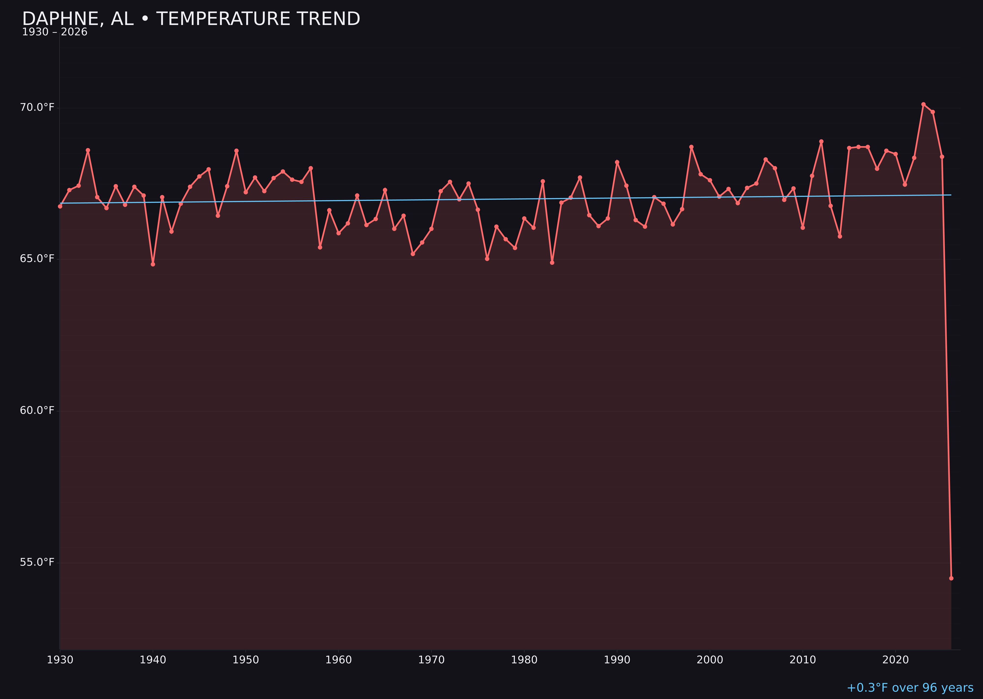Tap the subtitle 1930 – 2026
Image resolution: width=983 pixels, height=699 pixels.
point(55,32)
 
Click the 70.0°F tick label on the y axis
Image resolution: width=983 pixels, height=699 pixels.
point(37,107)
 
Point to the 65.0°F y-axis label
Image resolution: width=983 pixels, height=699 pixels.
point(37,259)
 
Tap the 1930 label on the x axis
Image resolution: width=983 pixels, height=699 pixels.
point(60,660)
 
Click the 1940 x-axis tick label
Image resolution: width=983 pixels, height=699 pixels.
point(153,660)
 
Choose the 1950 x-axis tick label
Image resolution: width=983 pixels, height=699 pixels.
point(246,660)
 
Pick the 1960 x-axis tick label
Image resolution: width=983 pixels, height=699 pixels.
point(338,660)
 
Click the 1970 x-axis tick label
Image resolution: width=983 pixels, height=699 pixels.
point(431,660)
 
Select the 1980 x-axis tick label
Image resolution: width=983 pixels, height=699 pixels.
point(524,660)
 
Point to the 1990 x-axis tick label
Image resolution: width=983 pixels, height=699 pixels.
point(617,660)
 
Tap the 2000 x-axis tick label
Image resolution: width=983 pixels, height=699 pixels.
point(710,660)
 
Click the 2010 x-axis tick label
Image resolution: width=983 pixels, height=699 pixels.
point(803,660)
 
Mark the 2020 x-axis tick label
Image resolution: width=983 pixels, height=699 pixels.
point(896,660)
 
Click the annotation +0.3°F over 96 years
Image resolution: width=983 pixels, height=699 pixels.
point(910,688)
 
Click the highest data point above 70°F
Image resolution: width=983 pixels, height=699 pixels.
point(923,104)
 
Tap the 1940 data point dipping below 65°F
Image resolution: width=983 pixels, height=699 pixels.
point(153,264)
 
